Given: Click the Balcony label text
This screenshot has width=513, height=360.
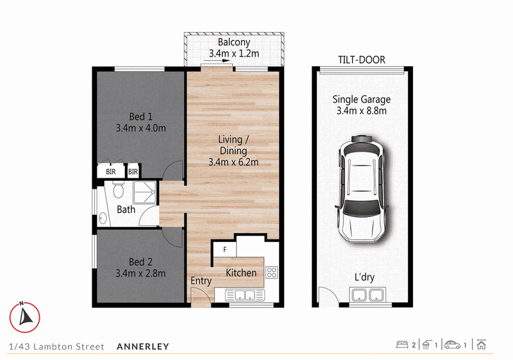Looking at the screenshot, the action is (234, 42).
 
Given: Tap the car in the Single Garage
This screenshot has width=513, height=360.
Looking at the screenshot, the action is (362, 189).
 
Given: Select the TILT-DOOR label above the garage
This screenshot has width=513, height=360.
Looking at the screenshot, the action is (362, 60).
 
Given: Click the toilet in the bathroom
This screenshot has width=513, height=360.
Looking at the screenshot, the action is (118, 189).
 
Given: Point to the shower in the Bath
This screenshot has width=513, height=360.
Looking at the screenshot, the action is (145, 193).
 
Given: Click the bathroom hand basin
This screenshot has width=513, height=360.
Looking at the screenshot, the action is (103, 218).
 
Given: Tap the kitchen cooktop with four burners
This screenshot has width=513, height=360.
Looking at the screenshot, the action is (271, 272).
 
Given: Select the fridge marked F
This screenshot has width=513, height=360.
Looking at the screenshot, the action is (225, 250).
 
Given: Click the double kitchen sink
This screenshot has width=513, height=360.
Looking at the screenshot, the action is (245, 295).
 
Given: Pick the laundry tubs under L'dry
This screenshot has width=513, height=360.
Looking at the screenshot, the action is (367, 295).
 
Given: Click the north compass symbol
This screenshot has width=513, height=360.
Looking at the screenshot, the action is (24, 317).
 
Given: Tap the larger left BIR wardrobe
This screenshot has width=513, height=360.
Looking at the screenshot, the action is (111, 171).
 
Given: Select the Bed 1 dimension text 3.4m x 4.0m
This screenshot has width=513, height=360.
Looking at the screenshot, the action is (140, 128).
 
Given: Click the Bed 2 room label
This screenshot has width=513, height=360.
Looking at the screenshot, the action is (140, 262).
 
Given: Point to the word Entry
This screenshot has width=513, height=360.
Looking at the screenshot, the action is (201, 281).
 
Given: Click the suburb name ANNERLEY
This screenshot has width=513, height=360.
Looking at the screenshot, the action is (143, 347).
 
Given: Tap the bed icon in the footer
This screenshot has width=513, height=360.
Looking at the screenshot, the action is (402, 345).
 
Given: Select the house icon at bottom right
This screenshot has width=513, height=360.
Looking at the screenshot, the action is (482, 345).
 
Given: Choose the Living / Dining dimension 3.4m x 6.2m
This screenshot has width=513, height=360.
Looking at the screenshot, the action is (233, 162).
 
